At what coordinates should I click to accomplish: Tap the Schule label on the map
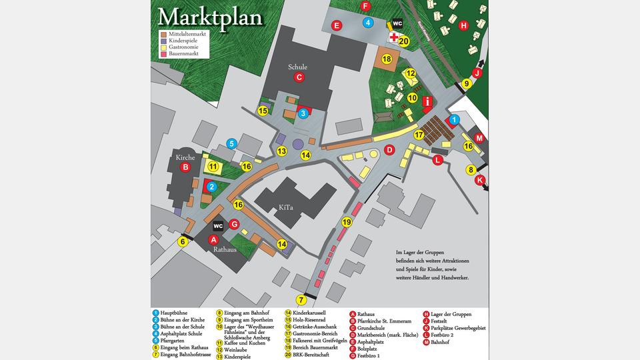(298, 67)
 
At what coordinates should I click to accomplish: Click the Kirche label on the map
(185, 157)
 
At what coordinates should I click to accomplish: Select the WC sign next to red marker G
(218, 225)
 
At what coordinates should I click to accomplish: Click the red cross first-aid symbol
(394, 37)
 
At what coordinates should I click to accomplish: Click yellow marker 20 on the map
(403, 41)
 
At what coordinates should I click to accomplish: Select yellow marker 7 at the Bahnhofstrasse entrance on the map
(301, 300)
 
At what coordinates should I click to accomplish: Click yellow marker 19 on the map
(347, 222)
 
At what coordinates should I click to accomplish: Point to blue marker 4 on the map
(368, 23)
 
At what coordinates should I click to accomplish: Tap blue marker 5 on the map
(231, 143)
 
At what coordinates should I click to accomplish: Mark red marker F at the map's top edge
(365, 6)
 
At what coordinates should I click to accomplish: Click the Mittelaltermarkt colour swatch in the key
(163, 32)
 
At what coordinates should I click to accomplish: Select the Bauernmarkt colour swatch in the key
(163, 53)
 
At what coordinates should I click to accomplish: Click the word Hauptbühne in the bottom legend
(174, 313)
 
